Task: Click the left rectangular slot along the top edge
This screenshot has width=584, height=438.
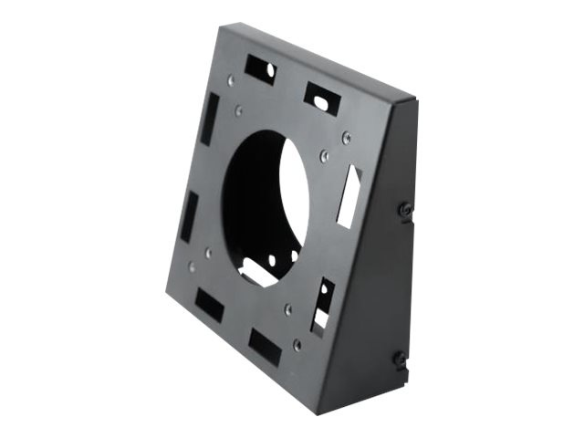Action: tap(259, 69)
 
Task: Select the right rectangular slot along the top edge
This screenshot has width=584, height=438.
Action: tap(321, 98)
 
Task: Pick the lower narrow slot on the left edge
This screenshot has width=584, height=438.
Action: tap(190, 216)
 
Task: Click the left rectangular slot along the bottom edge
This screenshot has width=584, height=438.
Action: tap(209, 305)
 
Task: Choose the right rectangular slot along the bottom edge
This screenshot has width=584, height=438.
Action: tap(265, 347)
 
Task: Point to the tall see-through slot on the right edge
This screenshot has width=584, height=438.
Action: tap(349, 195)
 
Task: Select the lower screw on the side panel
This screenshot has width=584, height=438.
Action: tap(399, 358)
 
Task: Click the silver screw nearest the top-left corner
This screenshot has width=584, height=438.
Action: tap(232, 80)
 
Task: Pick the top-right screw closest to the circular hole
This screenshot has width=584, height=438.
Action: tap(323, 156)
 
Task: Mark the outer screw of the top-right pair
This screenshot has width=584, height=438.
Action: tap(346, 138)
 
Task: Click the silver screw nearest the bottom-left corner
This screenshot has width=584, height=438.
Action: tap(191, 267)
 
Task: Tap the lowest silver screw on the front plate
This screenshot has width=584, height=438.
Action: tap(297, 344)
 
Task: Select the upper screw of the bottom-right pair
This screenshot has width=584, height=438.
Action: tap(287, 308)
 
